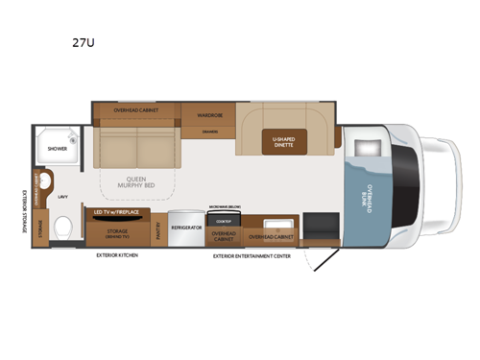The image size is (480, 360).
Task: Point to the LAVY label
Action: click(x=61, y=197)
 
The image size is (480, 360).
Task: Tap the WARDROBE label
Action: click(x=211, y=115)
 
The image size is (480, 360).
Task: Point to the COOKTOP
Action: click(x=224, y=218)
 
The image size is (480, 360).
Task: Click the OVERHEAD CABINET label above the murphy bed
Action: click(x=136, y=110)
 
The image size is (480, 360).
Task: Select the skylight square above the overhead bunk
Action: click(x=369, y=148)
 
